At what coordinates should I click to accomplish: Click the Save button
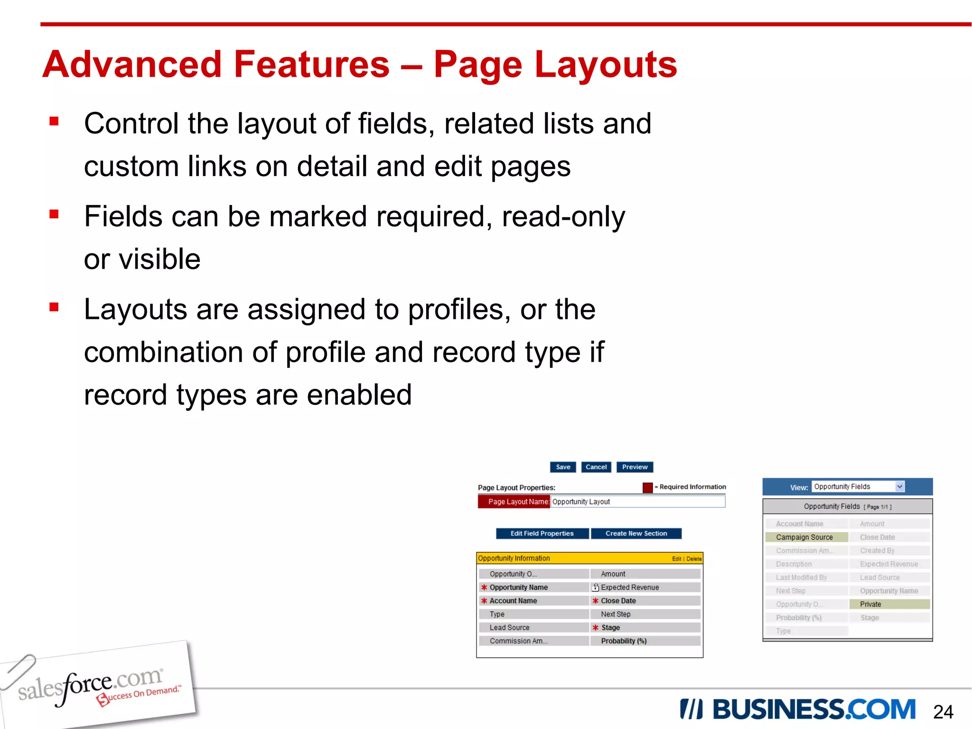click(563, 467)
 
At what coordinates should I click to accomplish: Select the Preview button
click(635, 467)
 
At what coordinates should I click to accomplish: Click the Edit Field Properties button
click(542, 533)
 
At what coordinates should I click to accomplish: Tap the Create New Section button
click(636, 533)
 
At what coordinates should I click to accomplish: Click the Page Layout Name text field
click(637, 502)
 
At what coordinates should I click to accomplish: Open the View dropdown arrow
click(899, 486)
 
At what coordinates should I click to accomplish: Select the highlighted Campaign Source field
click(806, 537)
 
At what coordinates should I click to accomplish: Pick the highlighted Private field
click(889, 604)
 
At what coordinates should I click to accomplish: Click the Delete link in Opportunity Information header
click(694, 559)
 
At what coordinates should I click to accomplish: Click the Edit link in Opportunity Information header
click(676, 559)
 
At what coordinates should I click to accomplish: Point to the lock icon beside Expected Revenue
click(596, 587)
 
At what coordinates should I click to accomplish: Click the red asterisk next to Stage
click(595, 627)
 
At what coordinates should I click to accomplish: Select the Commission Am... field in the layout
click(519, 641)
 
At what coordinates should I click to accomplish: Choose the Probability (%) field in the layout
click(624, 641)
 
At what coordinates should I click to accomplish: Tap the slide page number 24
click(943, 712)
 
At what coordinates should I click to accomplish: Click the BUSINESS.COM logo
click(797, 710)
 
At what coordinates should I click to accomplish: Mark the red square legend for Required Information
click(647, 487)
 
